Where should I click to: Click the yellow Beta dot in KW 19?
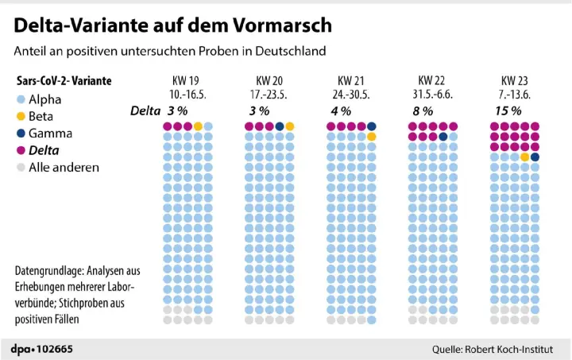pyautogui.click(x=198, y=126)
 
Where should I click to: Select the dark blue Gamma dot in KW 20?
pyautogui.click(x=280, y=126)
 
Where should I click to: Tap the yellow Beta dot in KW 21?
pyautogui.click(x=372, y=137)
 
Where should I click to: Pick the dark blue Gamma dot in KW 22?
pyautogui.click(x=443, y=137)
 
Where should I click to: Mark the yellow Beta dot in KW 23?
pyautogui.click(x=525, y=157)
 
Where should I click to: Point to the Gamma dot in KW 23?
pyautogui.click(x=535, y=157)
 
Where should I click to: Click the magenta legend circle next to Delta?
pyautogui.click(x=21, y=150)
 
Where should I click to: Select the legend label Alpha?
pyautogui.click(x=44, y=100)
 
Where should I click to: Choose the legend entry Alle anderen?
pyautogui.click(x=64, y=167)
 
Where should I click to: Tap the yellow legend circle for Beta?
pyautogui.click(x=21, y=117)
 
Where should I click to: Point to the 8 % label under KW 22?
pyautogui.click(x=423, y=110)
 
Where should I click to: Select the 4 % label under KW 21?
pyautogui.click(x=340, y=110)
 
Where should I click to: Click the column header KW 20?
pyautogui.click(x=269, y=80)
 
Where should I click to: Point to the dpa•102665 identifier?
pyautogui.click(x=41, y=348)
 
